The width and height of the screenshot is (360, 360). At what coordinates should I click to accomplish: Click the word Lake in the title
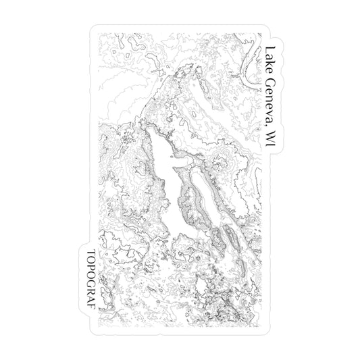(271, 57)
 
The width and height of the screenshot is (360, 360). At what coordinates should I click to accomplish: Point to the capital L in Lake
(271, 49)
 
